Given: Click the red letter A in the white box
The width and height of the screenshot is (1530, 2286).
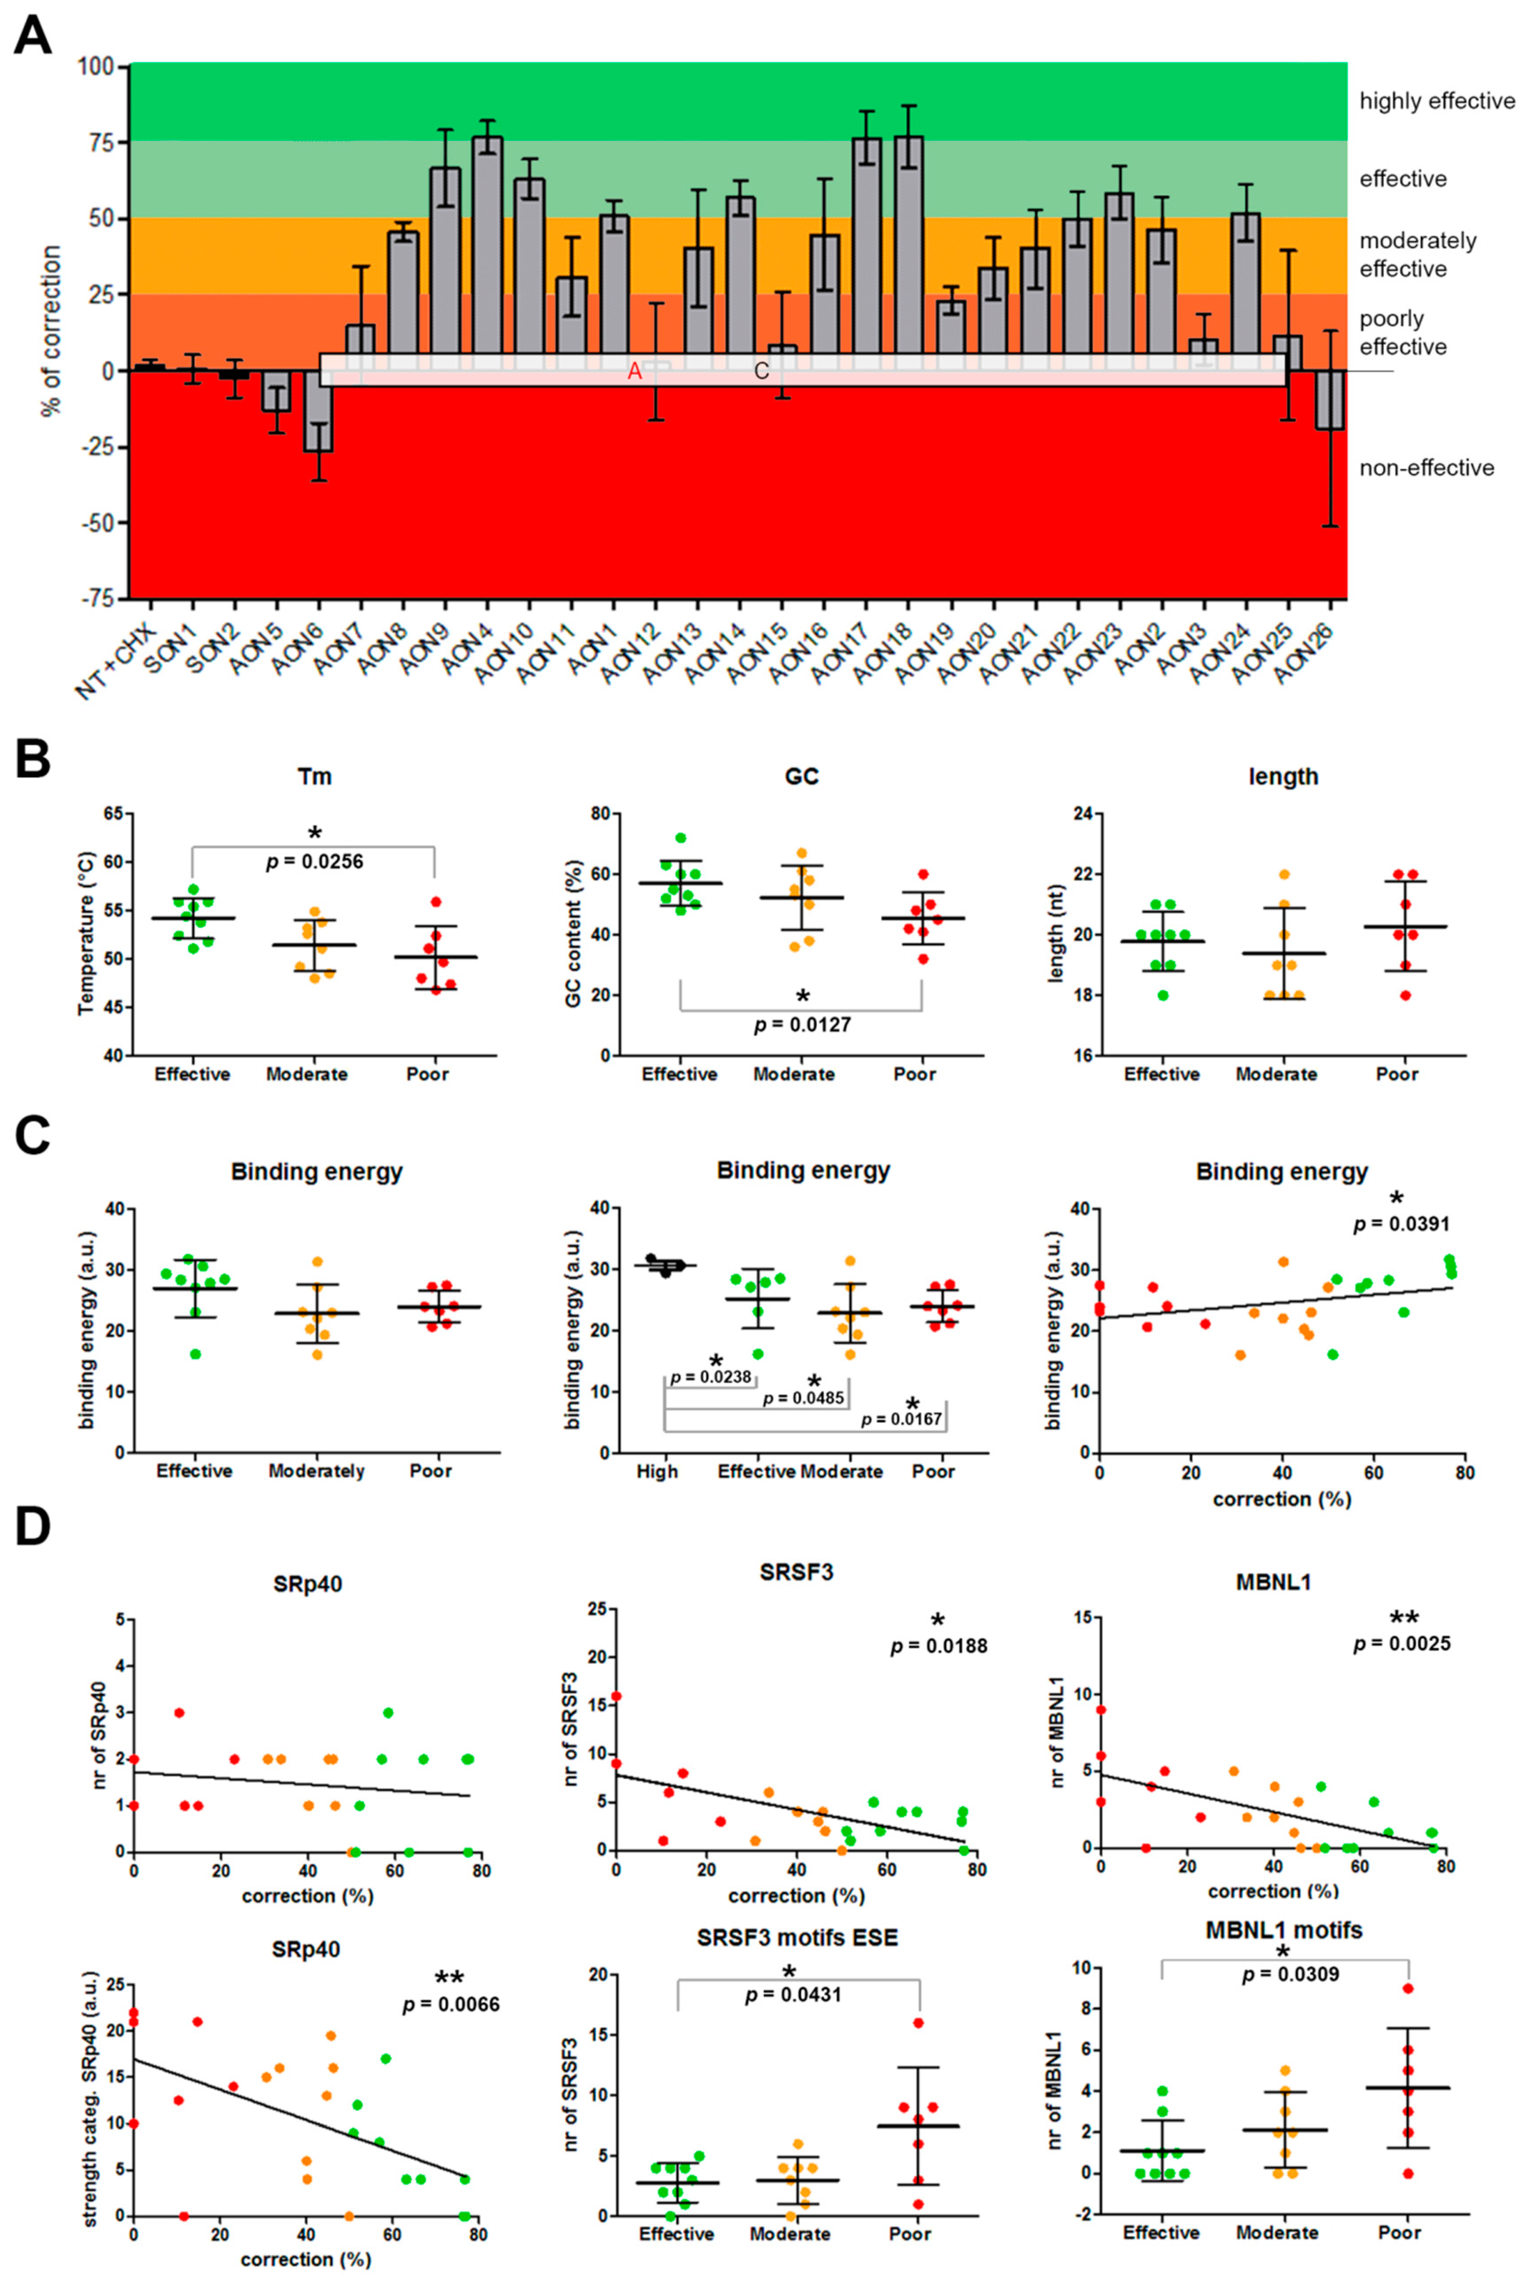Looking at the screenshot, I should [x=634, y=372].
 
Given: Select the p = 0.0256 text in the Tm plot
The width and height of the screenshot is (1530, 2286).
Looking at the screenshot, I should [x=314, y=862].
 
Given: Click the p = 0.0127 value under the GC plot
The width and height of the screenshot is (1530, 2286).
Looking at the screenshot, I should [x=802, y=1025].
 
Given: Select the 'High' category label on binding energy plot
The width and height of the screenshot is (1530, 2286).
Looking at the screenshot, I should [x=657, y=1471].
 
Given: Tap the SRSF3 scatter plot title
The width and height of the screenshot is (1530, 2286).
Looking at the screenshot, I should [x=796, y=1573].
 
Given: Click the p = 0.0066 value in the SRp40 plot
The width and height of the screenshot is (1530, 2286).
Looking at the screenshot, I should [x=451, y=2005].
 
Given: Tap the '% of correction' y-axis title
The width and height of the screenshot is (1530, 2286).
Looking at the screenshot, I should [x=51, y=332].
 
